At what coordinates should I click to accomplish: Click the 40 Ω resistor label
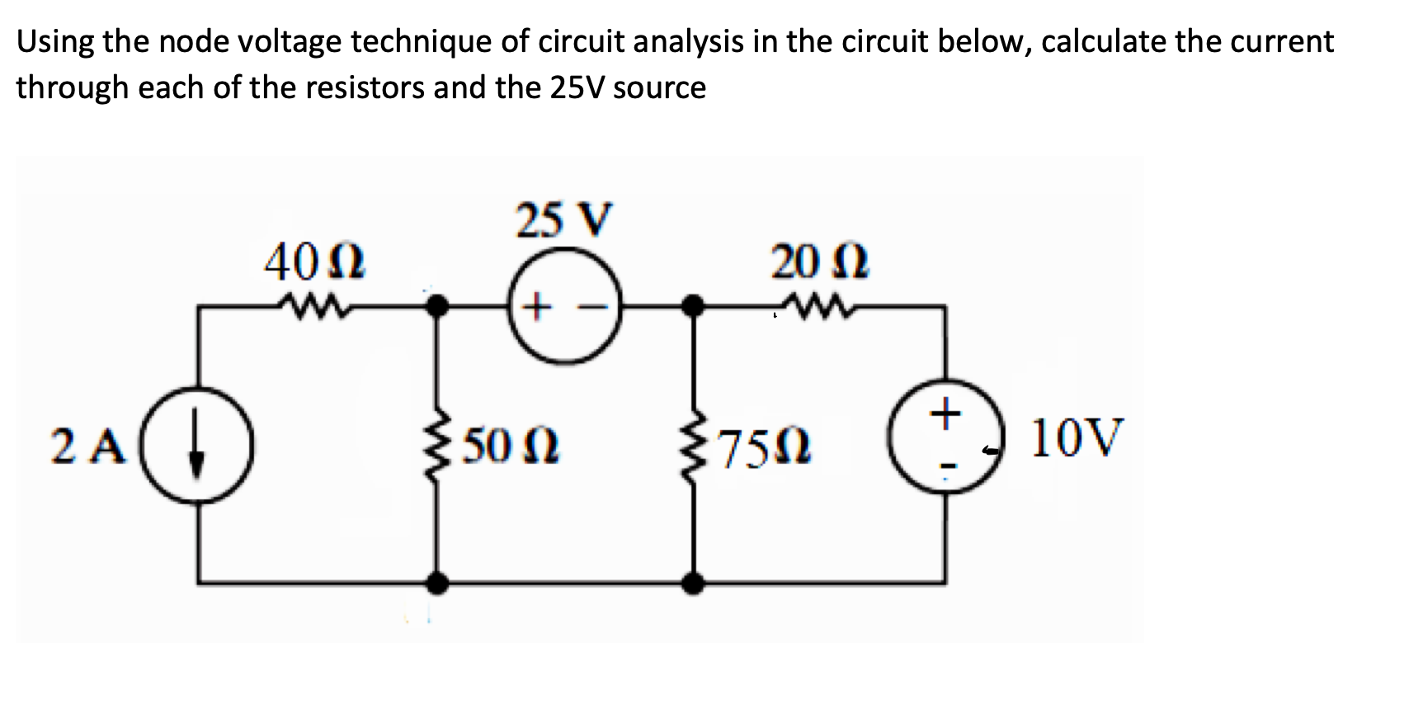click(314, 263)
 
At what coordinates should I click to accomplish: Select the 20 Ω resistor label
click(819, 263)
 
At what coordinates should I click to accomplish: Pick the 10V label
click(1077, 437)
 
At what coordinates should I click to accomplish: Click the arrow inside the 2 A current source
click(196, 446)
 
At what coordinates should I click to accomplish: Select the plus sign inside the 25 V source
click(536, 309)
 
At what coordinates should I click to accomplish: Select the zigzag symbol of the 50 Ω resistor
click(438, 446)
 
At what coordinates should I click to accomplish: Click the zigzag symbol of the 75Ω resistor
click(694, 446)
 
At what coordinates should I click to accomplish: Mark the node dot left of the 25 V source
click(437, 307)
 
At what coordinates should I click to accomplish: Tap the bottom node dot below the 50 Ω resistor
click(437, 583)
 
